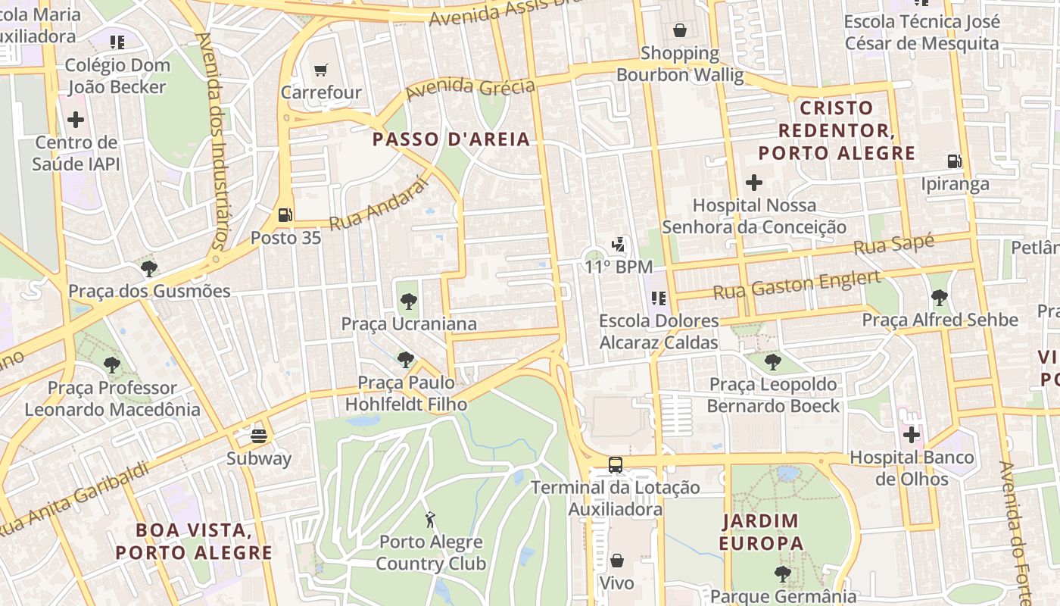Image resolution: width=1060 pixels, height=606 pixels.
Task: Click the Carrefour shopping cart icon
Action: [x=321, y=70]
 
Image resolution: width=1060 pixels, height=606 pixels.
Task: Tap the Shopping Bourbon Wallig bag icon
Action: [x=680, y=30]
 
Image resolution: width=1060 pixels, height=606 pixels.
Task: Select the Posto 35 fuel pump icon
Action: [x=285, y=215]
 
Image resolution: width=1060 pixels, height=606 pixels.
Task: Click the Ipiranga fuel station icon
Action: [x=955, y=161]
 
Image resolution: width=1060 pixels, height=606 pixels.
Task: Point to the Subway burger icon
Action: [x=259, y=436]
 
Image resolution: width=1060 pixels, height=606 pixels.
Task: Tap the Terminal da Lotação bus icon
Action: [x=616, y=464]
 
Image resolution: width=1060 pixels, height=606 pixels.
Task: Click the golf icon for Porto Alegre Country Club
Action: [x=431, y=520]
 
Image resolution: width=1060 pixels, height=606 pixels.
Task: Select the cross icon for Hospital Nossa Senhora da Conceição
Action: [x=754, y=182]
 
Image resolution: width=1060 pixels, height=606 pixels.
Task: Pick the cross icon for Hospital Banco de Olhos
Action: [x=912, y=435]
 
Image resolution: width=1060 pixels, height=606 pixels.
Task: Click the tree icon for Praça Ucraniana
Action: [x=408, y=301]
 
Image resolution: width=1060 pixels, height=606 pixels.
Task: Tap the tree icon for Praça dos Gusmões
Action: [x=149, y=268]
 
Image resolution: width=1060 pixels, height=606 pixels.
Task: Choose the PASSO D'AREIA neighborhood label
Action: [x=451, y=139]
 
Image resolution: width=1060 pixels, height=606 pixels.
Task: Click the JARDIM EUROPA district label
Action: [x=760, y=532]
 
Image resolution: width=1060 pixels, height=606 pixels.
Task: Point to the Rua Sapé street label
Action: [x=893, y=245]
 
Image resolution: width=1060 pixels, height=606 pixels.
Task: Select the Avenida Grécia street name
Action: [x=470, y=89]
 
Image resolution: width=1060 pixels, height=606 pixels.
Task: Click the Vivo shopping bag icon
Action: [x=616, y=561]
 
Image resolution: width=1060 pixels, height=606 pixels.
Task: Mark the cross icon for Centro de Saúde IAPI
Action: [x=76, y=120]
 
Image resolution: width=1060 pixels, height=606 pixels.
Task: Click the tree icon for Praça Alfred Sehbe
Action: [x=939, y=298]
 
